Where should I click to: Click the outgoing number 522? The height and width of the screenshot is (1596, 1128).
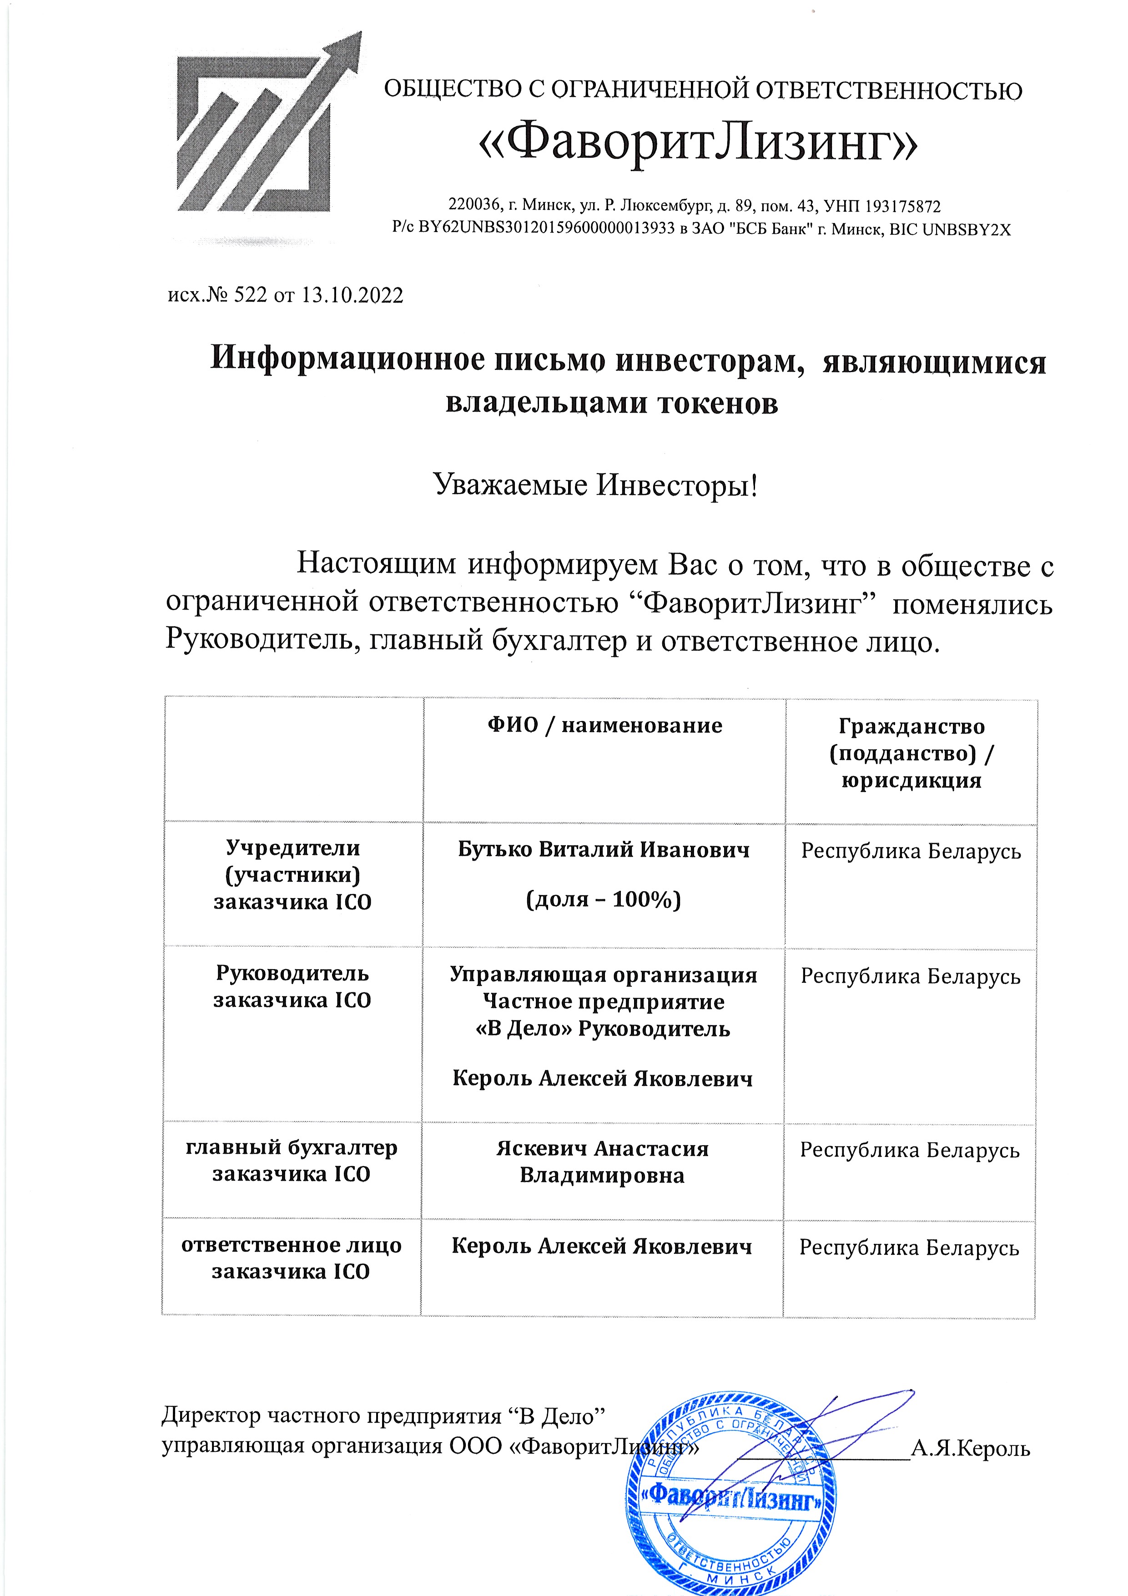tap(250, 295)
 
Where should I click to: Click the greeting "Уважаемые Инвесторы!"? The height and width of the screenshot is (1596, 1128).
tap(596, 485)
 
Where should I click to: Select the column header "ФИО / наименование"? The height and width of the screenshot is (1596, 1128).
tap(604, 725)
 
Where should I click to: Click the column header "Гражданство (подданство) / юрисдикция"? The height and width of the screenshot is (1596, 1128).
tap(911, 753)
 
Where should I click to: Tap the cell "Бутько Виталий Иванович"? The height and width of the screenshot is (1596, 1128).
tap(603, 849)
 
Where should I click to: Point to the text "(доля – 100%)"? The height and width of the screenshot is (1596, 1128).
tap(603, 899)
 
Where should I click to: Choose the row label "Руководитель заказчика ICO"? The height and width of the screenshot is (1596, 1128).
tap(292, 986)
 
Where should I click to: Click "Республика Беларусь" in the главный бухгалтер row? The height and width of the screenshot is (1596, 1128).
tap(909, 1151)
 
